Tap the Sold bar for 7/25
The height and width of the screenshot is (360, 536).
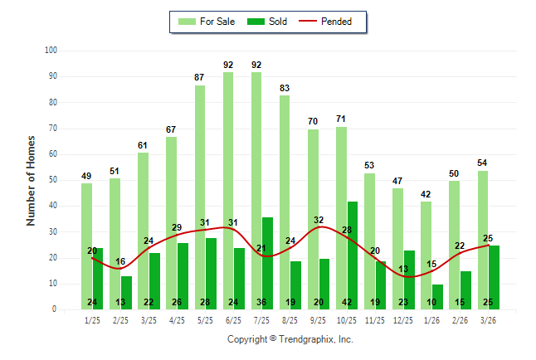[267, 261]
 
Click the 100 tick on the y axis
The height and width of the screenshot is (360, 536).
[50, 51]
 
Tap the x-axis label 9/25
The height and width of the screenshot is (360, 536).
[318, 319]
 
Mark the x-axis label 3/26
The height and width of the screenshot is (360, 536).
[489, 319]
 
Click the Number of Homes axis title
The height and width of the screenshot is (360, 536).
[32, 180]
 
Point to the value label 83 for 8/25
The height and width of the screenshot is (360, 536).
[285, 88]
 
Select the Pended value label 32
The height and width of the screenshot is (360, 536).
[319, 220]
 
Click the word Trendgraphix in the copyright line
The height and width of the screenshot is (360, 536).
[307, 339]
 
